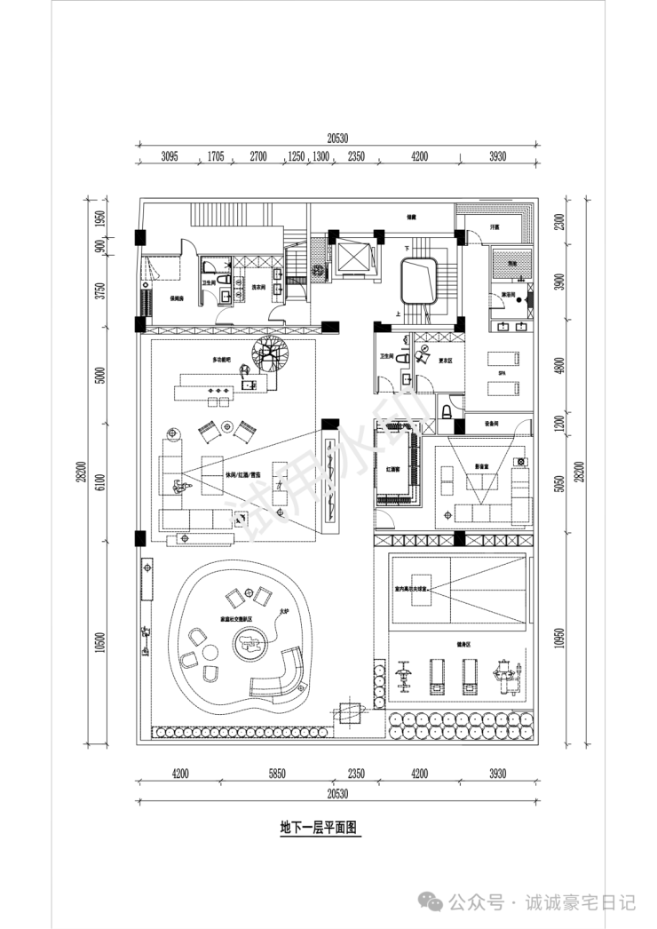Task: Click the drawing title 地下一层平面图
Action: [318, 828]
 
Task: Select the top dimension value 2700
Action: [257, 156]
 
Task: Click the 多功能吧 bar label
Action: [221, 360]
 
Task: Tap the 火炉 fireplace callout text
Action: [284, 611]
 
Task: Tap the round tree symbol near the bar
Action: [268, 357]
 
